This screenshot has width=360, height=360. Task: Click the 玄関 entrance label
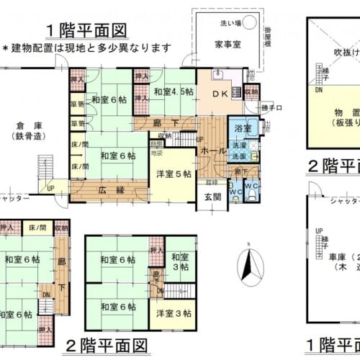point(212,197)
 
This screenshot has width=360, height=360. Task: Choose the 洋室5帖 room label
point(172,173)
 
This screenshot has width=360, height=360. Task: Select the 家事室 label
point(226,44)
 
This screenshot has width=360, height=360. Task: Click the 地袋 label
point(156,152)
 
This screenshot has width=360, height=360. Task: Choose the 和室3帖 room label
point(179,261)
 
